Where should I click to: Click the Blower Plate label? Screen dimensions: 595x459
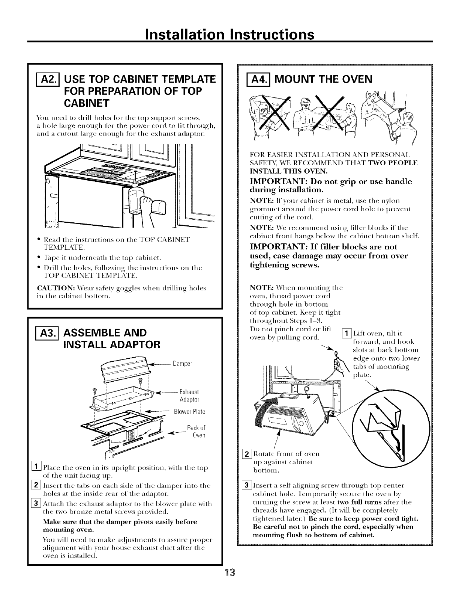click(190, 411)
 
